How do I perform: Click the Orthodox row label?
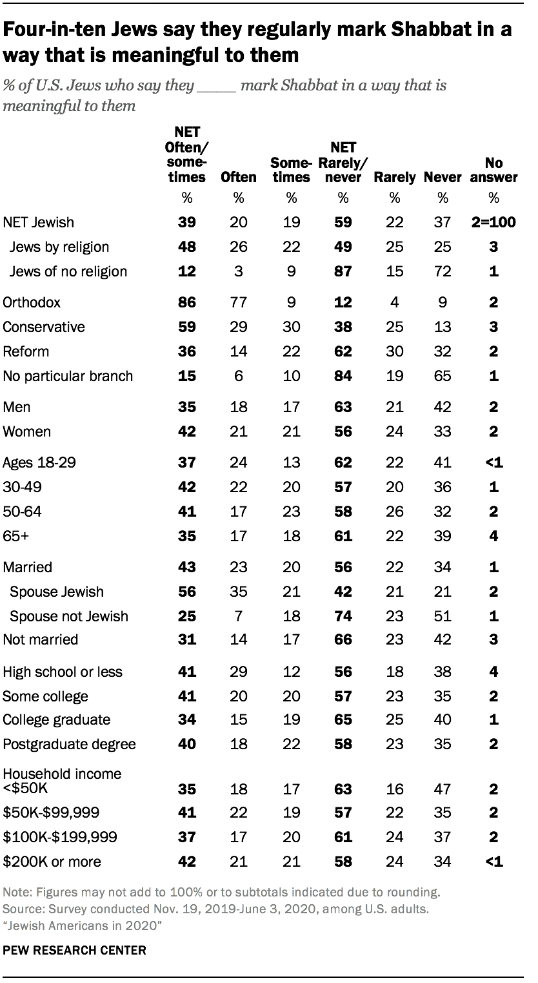(x=30, y=302)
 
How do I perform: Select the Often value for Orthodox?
(x=238, y=302)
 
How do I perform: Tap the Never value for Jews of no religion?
(x=442, y=271)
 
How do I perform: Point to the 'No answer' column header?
(x=495, y=170)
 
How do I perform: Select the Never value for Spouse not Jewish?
(x=442, y=616)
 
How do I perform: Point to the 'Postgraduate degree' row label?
(x=69, y=744)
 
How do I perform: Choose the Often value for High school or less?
(x=238, y=672)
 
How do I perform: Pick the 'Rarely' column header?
(x=394, y=177)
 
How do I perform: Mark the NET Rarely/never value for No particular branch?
(x=343, y=376)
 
